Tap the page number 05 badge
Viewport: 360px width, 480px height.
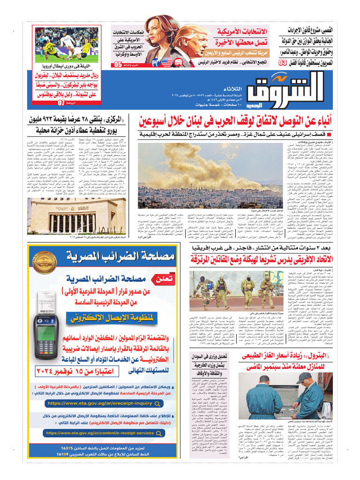tap(117, 65)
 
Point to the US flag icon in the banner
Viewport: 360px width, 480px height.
tap(166, 61)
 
